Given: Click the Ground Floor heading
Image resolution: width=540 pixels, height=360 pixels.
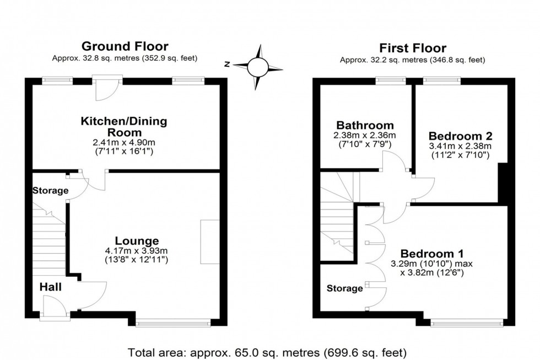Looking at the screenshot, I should pos(125,46).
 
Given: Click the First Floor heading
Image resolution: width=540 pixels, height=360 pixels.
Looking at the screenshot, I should pos(413,48).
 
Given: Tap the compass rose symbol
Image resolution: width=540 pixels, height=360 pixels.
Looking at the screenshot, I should pos(257,67).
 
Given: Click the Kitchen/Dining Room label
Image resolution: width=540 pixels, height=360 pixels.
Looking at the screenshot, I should pos(124,127).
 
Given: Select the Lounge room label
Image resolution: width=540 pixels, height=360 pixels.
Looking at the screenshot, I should pos(137,240).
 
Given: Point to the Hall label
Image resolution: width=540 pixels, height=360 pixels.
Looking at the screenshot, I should pos(50,287).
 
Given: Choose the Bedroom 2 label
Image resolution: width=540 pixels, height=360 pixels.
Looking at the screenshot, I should pos(460,136).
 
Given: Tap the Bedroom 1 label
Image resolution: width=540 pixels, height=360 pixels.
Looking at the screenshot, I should pos(431,253).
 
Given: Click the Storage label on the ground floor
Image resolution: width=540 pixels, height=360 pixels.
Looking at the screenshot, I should pos(50,191).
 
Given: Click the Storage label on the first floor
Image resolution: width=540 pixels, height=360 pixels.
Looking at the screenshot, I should pos(345,288).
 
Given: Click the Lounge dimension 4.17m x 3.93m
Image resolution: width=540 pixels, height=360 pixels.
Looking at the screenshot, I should pos(137,251).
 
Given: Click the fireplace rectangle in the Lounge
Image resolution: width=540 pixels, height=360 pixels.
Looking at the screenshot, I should pos(210,242).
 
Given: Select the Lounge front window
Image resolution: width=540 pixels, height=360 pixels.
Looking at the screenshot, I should pos(174,324).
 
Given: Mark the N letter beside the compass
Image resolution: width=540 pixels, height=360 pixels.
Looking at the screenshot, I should pos(226,65).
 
